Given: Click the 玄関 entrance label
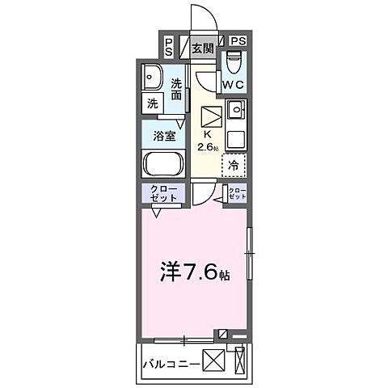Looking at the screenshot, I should click(202, 48).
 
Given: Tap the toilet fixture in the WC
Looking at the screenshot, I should click(234, 61).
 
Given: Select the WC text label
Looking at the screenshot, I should click(234, 84).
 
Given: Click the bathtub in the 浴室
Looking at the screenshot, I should click(163, 166).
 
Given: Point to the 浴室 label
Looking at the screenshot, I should click(164, 136).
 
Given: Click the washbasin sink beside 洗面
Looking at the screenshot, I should click(150, 78).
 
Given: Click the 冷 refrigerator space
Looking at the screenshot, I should click(233, 166).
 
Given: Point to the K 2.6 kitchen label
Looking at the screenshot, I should click(206, 139).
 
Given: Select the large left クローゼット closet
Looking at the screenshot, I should click(165, 194).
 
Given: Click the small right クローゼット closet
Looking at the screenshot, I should click(237, 194).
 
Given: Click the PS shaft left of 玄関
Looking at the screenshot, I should click(168, 47).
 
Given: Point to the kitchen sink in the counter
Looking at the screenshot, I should click(234, 110).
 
